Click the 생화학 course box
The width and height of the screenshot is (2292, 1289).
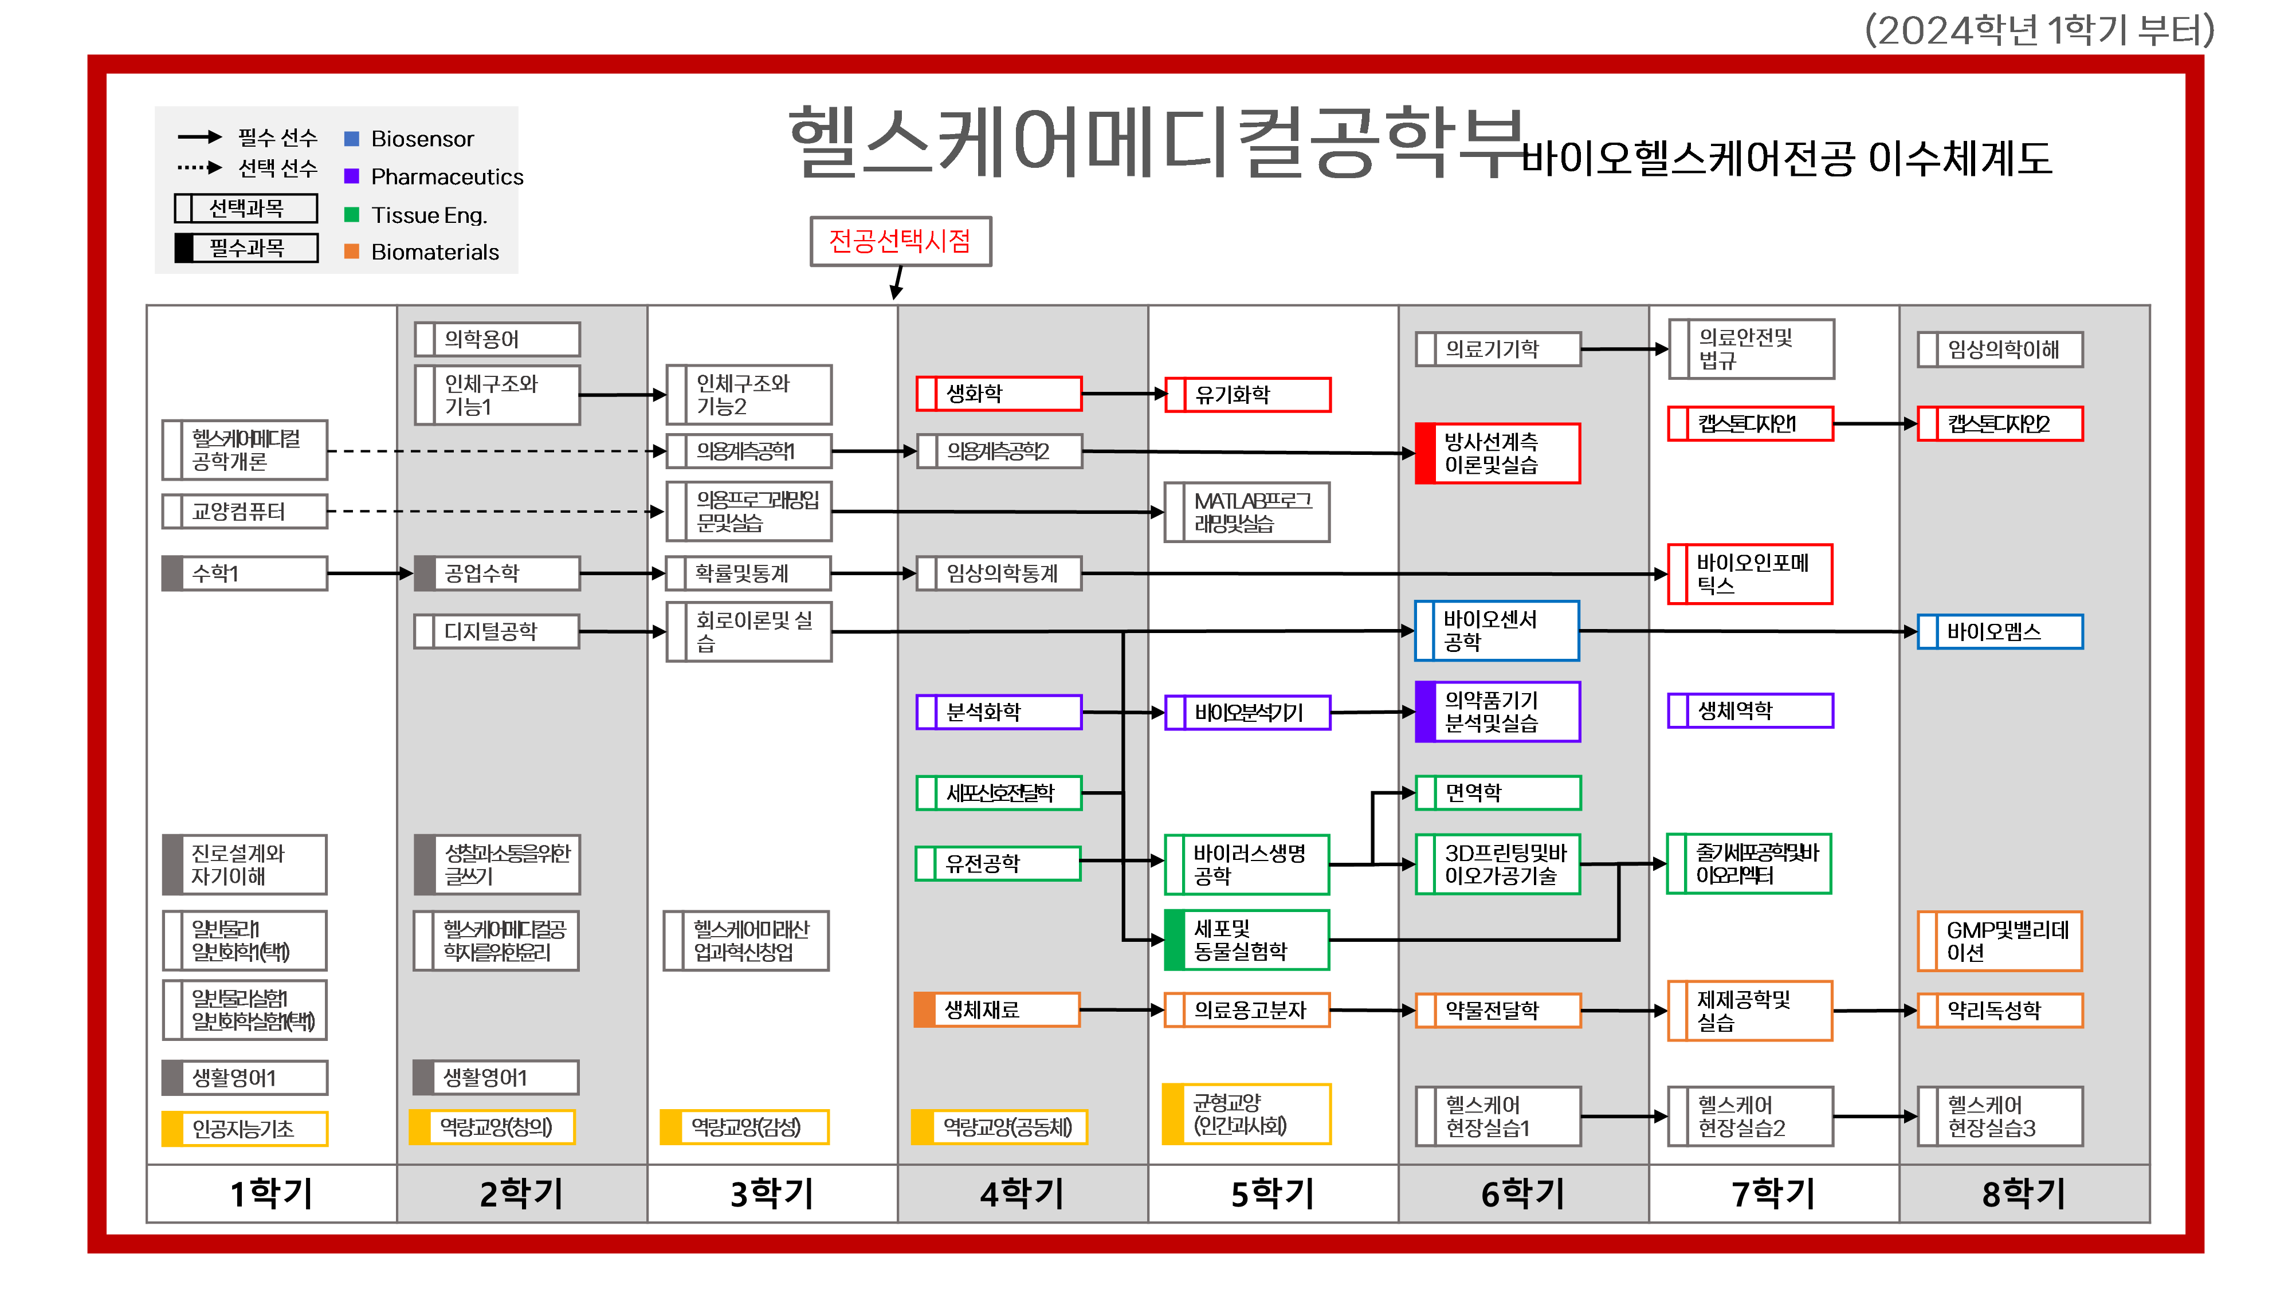pyautogui.click(x=998, y=393)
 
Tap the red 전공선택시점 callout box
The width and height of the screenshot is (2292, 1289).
pyautogui.click(x=900, y=241)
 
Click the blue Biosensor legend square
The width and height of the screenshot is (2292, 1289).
pyautogui.click(x=351, y=139)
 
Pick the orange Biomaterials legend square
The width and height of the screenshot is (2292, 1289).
pyautogui.click(x=351, y=251)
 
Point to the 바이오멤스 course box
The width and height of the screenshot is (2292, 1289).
pyautogui.click(x=2000, y=631)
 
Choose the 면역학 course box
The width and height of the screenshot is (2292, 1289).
pyautogui.click(x=1498, y=793)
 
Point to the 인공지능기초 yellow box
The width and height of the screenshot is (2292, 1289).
pyautogui.click(x=245, y=1129)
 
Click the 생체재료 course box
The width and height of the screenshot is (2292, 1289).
pyautogui.click(x=998, y=1009)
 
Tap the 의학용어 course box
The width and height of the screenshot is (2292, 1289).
pyautogui.click(x=497, y=339)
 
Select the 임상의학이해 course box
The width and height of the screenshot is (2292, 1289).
pyautogui.click(x=2000, y=349)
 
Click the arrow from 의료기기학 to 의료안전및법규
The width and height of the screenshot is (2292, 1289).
pyautogui.click(x=1624, y=349)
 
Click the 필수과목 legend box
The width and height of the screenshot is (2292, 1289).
pyautogui.click(x=246, y=247)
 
